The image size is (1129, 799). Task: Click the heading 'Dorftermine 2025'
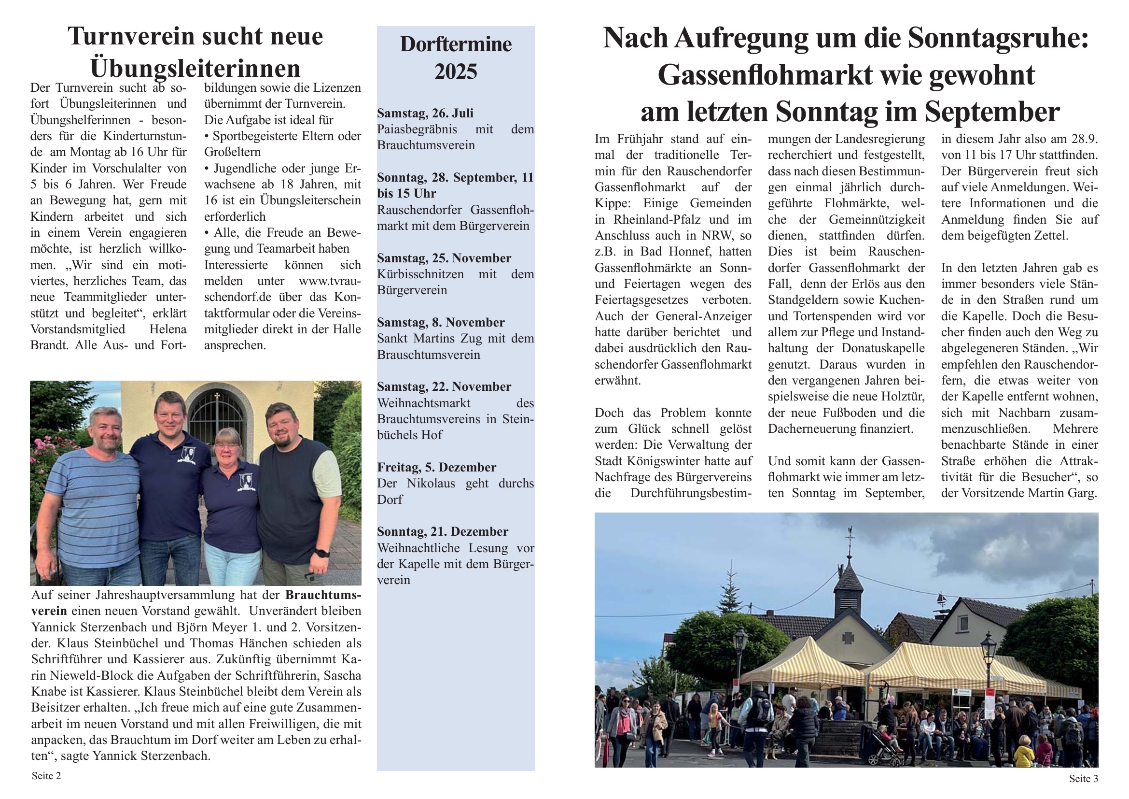[x=455, y=57]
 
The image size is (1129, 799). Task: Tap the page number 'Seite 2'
[x=46, y=776]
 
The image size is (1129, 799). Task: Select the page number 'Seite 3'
[x=1083, y=778]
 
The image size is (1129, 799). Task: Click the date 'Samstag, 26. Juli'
[x=425, y=113]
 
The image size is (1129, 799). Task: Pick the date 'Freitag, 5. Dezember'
[x=436, y=467]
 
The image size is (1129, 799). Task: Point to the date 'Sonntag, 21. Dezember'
[x=442, y=531]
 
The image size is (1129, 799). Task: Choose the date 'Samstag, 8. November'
[x=441, y=322]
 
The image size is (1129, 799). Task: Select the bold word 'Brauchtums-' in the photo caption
[x=323, y=595]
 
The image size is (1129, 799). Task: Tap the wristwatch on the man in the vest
[x=322, y=553]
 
